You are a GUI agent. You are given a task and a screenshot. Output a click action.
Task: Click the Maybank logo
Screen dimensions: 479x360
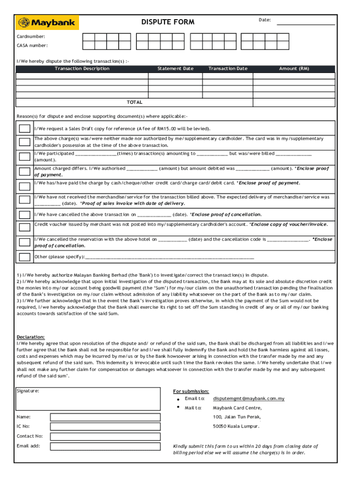point(47,22)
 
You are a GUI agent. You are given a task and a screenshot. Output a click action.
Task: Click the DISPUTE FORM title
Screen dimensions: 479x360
point(168,22)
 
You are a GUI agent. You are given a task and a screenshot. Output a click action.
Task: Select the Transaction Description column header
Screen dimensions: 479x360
point(82,69)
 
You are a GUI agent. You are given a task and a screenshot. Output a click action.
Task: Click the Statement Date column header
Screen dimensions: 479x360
point(175,69)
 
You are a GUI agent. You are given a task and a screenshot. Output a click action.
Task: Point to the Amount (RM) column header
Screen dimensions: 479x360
point(294,69)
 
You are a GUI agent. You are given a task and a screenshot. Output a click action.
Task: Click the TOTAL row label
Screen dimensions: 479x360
point(135,102)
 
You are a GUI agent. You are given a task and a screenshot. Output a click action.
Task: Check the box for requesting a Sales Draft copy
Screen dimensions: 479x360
point(24,129)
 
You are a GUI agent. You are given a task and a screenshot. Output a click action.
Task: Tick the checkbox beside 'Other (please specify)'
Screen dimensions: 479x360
point(24,257)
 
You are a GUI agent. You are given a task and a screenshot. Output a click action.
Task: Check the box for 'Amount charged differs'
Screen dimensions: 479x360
point(24,171)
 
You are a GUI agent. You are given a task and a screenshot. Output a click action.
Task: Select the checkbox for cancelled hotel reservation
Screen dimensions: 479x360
point(24,242)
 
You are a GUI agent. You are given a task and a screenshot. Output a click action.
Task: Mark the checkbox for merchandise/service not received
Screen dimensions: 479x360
point(24,200)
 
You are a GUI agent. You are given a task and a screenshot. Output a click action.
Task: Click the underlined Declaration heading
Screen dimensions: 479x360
point(31,337)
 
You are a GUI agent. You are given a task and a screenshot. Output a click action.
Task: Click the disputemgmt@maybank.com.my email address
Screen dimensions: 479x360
point(249,399)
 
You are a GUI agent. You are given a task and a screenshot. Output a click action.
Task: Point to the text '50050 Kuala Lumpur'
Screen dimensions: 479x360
point(236,426)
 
